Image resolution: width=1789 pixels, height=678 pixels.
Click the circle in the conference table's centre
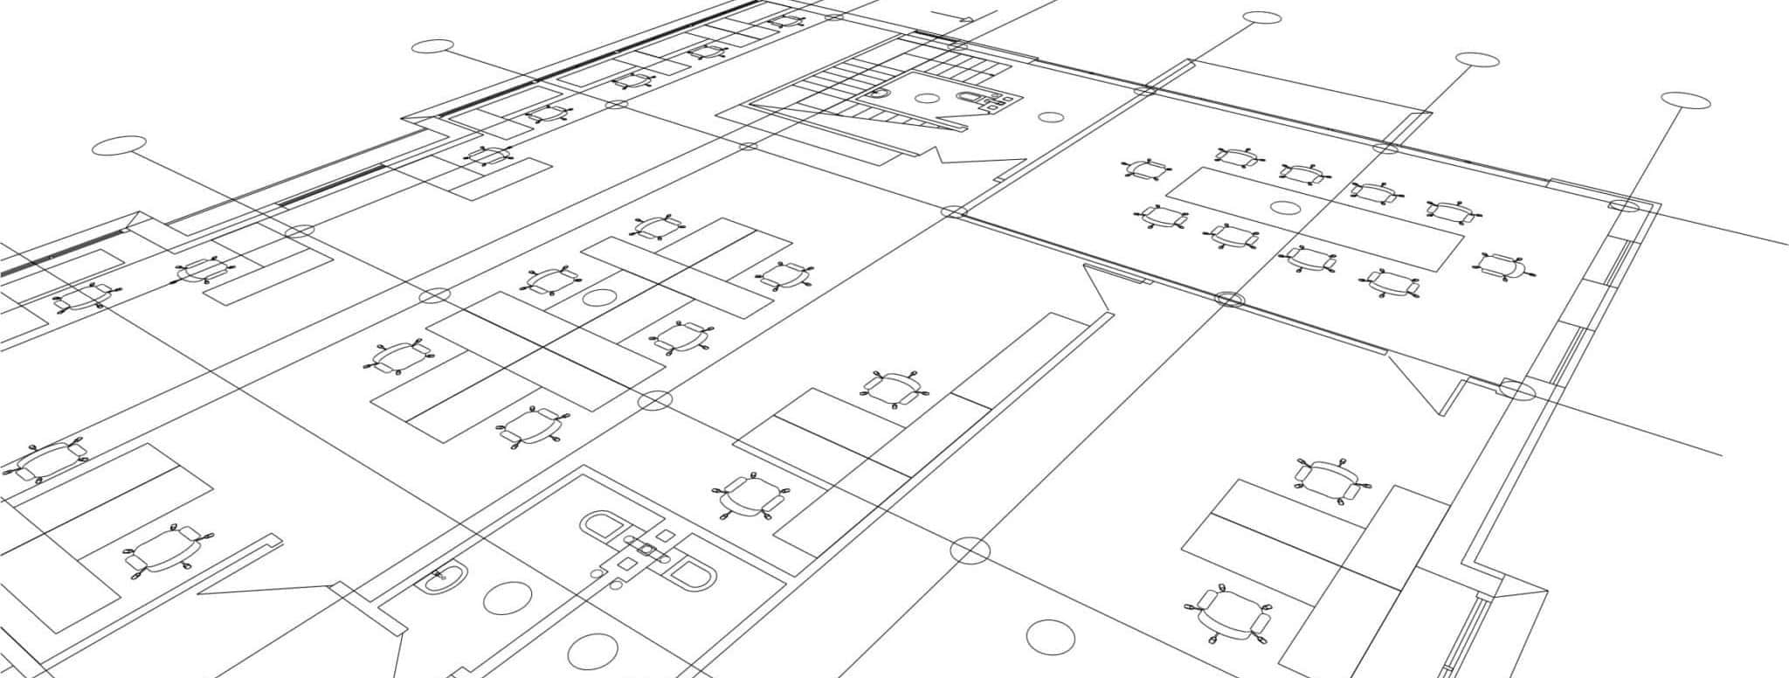[1285, 208]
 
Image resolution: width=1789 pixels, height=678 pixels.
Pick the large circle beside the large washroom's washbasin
[507, 597]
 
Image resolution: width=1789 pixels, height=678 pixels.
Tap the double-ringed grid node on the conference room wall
[1230, 299]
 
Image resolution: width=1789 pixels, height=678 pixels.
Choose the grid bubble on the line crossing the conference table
[1477, 59]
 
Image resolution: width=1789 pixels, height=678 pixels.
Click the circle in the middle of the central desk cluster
[599, 297]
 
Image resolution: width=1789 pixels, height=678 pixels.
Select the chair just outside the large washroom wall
[749, 497]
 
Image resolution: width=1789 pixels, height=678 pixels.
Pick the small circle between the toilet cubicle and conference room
[1051, 117]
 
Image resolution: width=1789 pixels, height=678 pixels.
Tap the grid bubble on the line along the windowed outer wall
[1685, 100]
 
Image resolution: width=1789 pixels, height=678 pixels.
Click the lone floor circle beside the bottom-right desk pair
[1049, 637]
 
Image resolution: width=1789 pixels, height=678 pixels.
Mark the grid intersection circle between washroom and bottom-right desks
[970, 550]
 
